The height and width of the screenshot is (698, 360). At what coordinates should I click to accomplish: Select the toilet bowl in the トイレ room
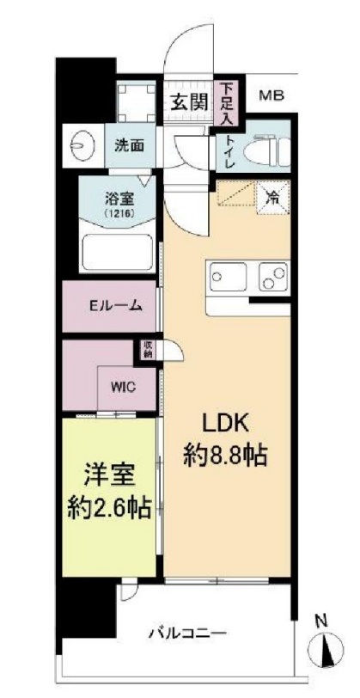coord(265,151)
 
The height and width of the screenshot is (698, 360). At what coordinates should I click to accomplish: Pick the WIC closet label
coord(121,385)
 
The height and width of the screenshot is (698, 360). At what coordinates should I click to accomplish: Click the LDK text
coord(225,422)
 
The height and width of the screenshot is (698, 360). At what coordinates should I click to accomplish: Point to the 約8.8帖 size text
coord(225,456)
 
